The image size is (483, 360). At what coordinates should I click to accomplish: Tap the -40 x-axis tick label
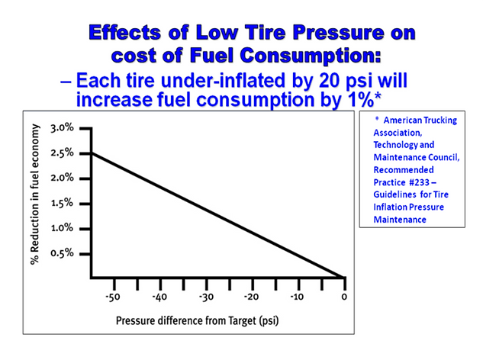tap(159, 297)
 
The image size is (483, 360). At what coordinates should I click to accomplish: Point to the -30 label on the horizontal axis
tap(205, 297)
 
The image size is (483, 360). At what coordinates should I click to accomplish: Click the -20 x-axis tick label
tap(251, 297)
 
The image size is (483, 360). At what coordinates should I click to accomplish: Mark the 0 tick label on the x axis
tap(344, 297)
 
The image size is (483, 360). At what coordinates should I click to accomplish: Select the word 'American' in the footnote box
tap(404, 121)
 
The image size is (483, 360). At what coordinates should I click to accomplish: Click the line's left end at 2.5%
tap(91, 153)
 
